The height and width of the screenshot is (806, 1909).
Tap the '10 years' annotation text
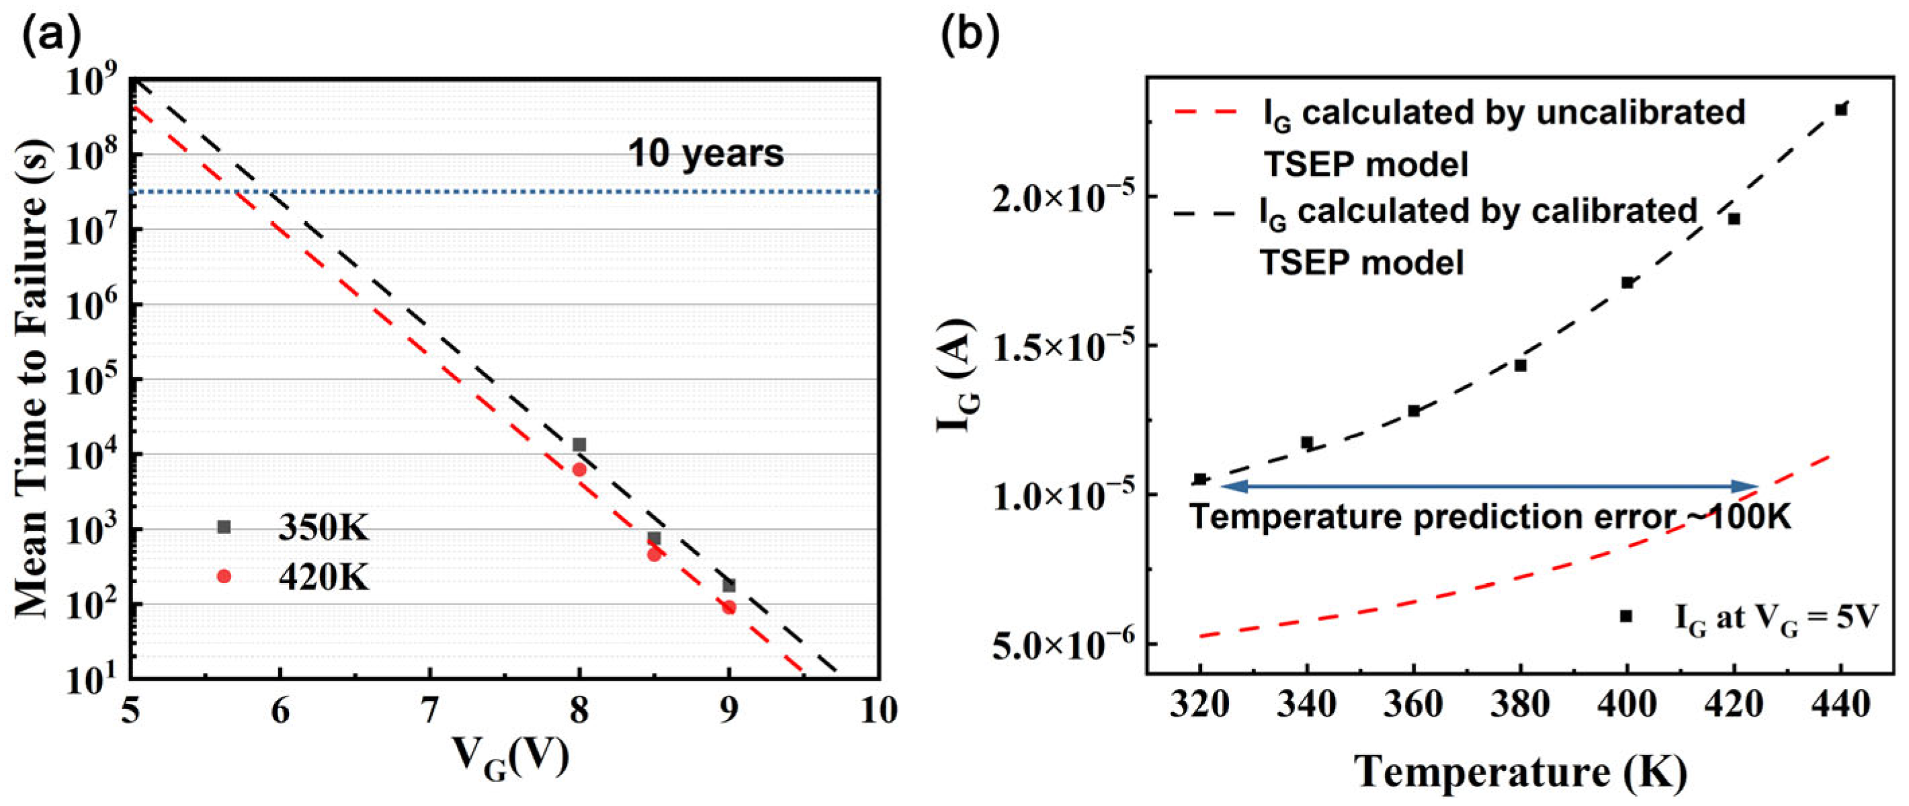[706, 153]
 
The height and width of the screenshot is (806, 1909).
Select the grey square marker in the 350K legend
[224, 527]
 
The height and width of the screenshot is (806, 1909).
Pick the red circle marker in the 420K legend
[224, 576]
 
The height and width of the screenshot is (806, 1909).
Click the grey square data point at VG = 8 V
[579, 445]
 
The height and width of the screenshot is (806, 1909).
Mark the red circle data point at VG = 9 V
[729, 607]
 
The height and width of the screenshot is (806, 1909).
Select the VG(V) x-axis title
[511, 760]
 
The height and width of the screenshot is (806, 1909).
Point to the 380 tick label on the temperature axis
[1520, 704]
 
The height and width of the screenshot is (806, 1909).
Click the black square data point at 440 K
[1840, 110]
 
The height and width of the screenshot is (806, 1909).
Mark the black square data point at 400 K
[1627, 282]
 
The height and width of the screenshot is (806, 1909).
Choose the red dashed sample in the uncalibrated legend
[1205, 112]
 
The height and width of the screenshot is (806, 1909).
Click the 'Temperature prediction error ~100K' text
[1490, 517]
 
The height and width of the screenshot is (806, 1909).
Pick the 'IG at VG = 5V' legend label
[1775, 618]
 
